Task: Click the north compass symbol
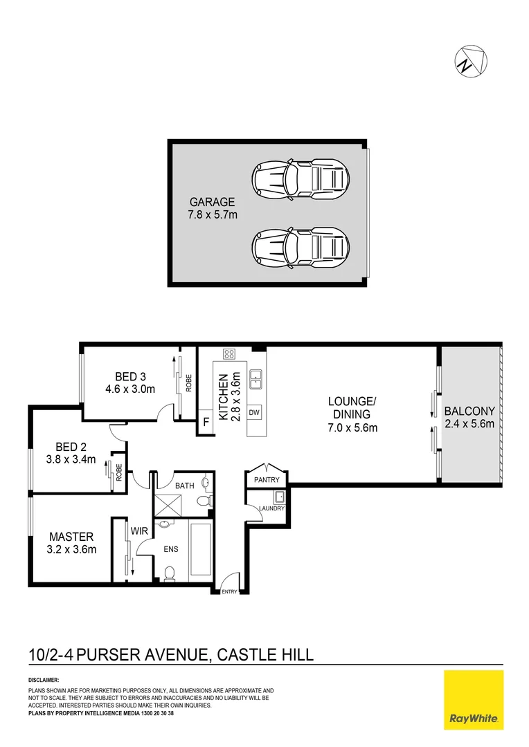click(470, 61)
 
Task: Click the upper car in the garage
click(301, 180)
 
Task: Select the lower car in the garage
click(301, 247)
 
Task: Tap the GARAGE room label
click(213, 202)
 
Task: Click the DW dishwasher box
click(254, 412)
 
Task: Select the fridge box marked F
click(206, 422)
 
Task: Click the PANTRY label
click(266, 480)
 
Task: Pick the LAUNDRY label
click(271, 508)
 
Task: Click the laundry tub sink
click(280, 497)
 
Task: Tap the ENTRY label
click(229, 591)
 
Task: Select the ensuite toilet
click(170, 573)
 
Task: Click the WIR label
click(139, 531)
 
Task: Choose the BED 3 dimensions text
click(130, 389)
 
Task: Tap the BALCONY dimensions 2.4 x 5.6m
click(470, 423)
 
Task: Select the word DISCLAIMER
click(44, 680)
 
